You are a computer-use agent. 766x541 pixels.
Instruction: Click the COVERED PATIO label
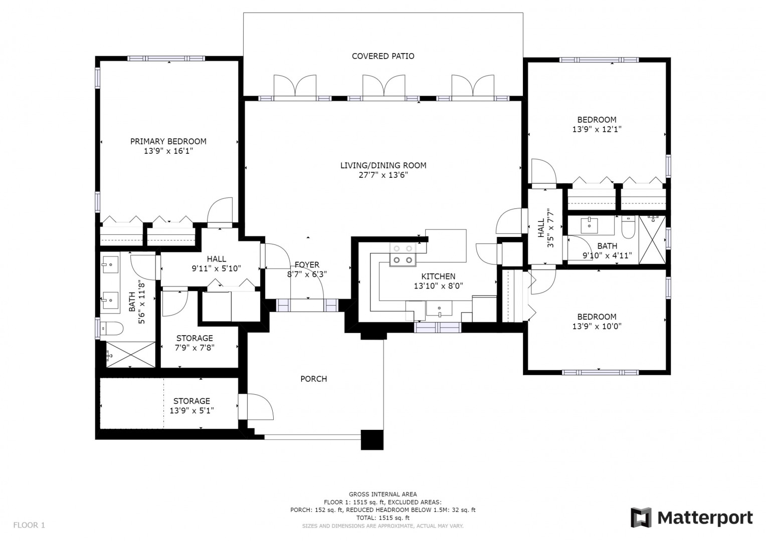coord(383,56)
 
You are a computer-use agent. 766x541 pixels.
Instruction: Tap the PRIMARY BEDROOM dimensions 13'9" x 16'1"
coord(168,151)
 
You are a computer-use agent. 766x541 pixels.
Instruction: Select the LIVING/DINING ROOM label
coord(383,165)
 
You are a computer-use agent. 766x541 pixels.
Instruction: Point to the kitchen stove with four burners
coord(403,254)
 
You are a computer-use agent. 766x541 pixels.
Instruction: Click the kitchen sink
coord(439,308)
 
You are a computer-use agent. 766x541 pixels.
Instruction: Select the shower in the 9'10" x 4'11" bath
coord(652,239)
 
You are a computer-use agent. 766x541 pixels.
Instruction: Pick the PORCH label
coord(314,379)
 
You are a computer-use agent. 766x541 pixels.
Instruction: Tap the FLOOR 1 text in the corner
coord(29,525)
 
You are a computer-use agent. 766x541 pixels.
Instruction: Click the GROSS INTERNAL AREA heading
coord(382,494)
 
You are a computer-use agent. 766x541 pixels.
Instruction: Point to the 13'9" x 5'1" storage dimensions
coord(192,410)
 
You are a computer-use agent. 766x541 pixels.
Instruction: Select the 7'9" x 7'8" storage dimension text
coord(195,348)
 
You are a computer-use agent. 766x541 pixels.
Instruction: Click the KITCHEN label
coord(438,276)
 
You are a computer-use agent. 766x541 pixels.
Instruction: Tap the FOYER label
coord(307,264)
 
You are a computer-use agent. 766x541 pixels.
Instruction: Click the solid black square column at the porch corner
coord(372,439)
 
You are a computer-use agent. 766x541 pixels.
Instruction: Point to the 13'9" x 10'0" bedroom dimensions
coord(597,327)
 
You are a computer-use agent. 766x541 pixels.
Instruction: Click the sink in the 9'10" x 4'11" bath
coord(589,225)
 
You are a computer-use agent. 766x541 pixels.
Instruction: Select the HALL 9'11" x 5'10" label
coord(217,264)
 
